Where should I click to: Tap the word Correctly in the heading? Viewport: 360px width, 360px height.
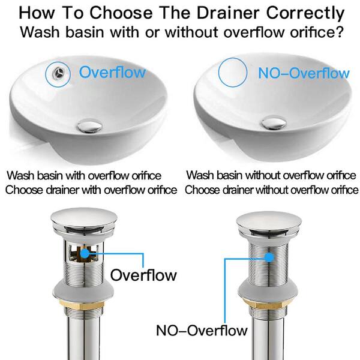(x=305, y=14)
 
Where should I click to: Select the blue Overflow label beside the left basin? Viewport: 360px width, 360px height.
(x=112, y=72)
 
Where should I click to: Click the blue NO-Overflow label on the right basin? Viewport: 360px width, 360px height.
(x=304, y=73)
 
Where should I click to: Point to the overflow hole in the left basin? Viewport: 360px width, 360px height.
(x=58, y=73)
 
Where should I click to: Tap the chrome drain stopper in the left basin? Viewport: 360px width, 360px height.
(x=89, y=126)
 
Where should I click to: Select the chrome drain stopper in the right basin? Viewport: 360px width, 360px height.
(x=274, y=122)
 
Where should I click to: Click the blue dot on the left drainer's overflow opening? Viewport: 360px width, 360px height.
(x=85, y=253)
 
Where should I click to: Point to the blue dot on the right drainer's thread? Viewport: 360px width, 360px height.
(x=269, y=257)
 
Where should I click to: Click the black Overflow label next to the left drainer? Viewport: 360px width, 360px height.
(x=143, y=275)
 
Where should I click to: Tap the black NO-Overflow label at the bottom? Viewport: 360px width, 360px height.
(x=202, y=331)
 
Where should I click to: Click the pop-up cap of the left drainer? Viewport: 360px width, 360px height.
(x=84, y=218)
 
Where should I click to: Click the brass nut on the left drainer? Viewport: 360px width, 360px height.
(x=83, y=305)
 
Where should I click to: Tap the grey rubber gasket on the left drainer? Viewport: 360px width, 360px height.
(x=83, y=291)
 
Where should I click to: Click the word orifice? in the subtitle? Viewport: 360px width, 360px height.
(x=317, y=32)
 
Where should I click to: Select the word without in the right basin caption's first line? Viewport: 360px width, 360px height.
(x=261, y=175)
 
